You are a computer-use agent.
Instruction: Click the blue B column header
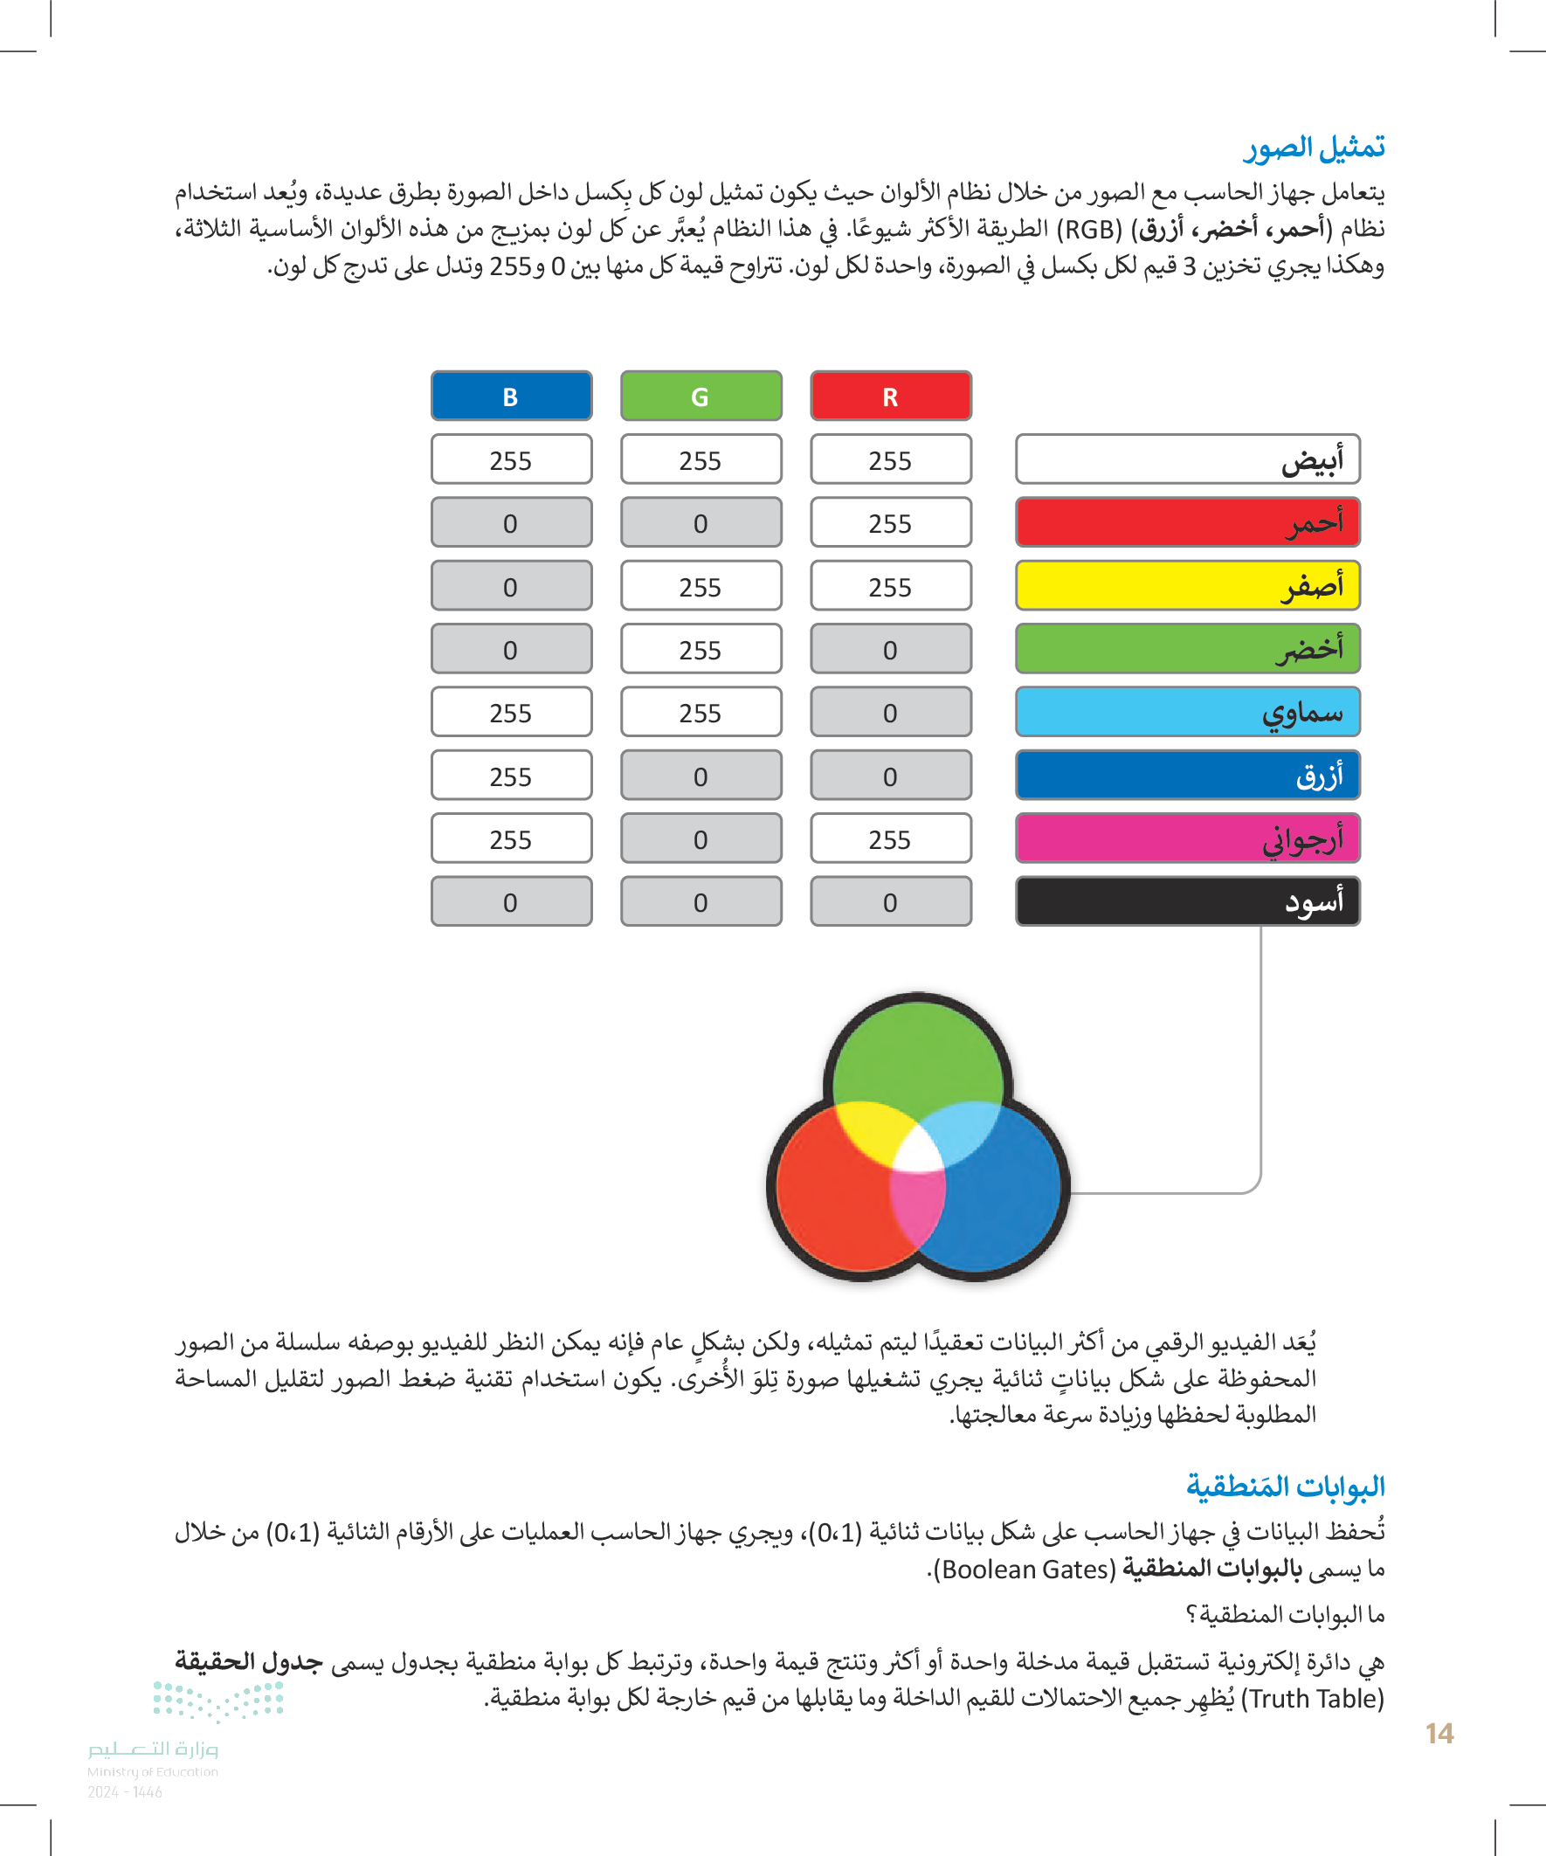click(x=511, y=396)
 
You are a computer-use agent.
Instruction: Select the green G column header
click(x=701, y=396)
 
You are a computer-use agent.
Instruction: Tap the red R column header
click(x=890, y=396)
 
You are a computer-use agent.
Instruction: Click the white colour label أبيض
click(x=1187, y=459)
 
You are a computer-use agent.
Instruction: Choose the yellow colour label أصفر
click(x=1187, y=586)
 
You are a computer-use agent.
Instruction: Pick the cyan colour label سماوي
click(x=1187, y=713)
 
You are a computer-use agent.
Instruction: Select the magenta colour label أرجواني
click(x=1187, y=838)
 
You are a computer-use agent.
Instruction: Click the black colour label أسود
click(x=1187, y=901)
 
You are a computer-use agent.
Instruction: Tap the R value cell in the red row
click(x=890, y=523)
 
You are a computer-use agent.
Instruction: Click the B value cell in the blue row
click(x=511, y=776)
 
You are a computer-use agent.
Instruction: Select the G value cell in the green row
click(x=701, y=650)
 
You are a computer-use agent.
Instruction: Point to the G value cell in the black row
click(x=701, y=901)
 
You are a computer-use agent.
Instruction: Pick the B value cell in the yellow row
click(x=511, y=586)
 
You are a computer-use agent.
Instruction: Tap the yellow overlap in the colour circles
click(x=870, y=1131)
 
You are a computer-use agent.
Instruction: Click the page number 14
click(x=1439, y=1734)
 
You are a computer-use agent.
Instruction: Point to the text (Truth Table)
click(x=1312, y=1699)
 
